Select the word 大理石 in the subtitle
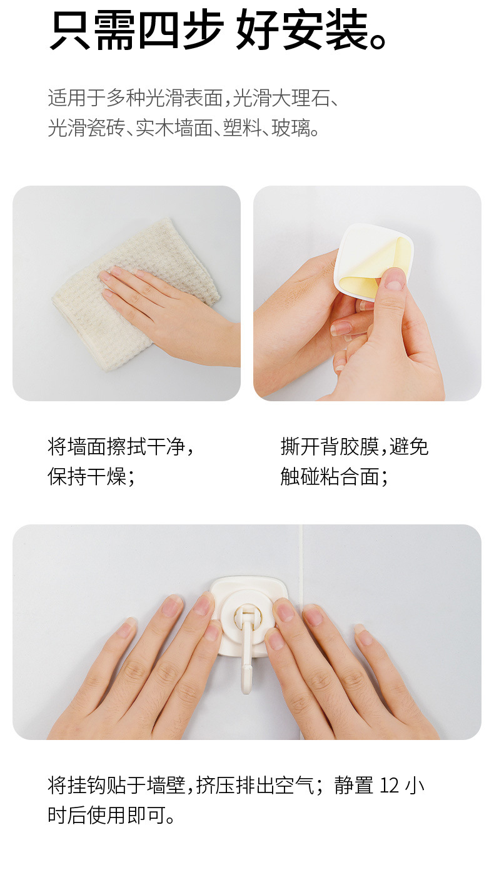(x=301, y=98)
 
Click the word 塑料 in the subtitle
(x=242, y=127)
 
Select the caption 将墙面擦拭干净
(x=116, y=447)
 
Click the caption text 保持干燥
(x=87, y=476)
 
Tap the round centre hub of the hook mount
(x=246, y=615)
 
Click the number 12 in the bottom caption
(x=390, y=786)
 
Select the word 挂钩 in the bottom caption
(x=87, y=785)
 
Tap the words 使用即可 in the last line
(x=126, y=815)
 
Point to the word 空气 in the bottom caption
(x=295, y=785)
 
